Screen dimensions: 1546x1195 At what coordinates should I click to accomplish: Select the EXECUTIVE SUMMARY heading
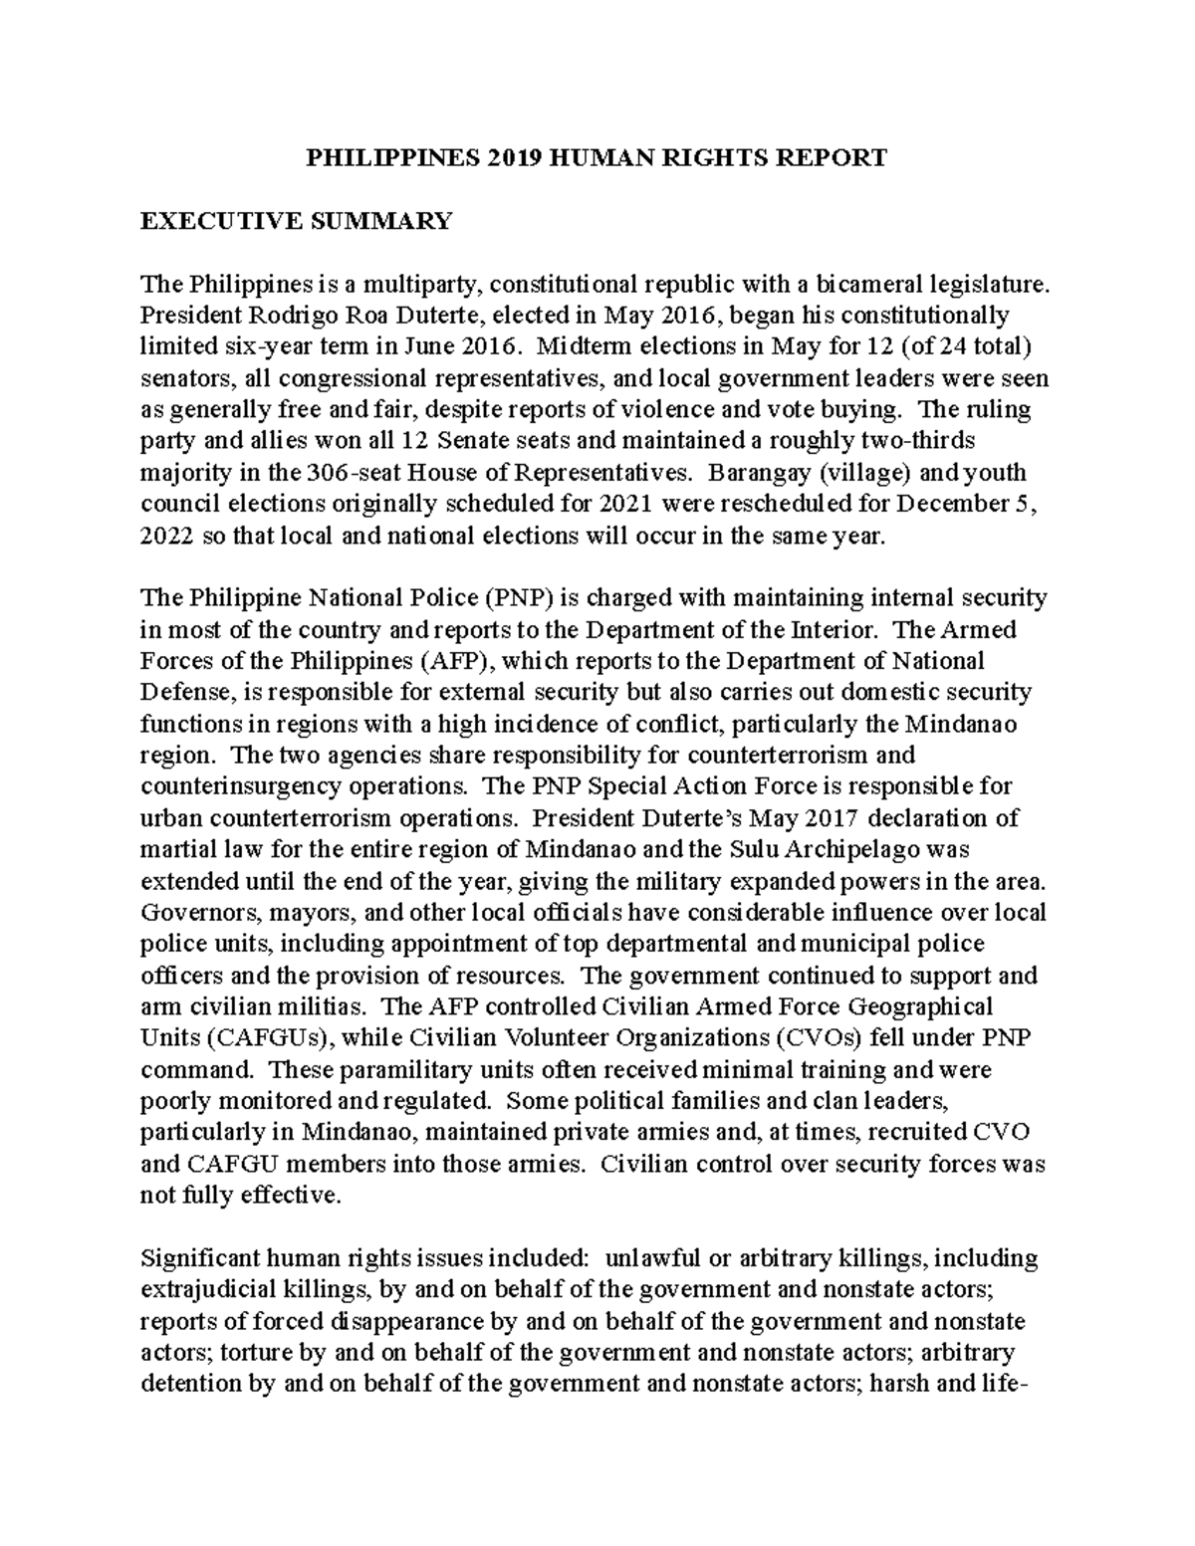point(297,220)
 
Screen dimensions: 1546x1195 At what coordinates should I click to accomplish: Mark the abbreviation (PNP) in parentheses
point(522,598)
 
